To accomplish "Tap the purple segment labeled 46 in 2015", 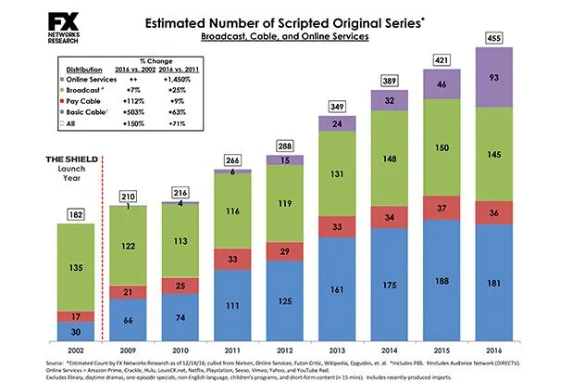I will [x=441, y=84].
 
